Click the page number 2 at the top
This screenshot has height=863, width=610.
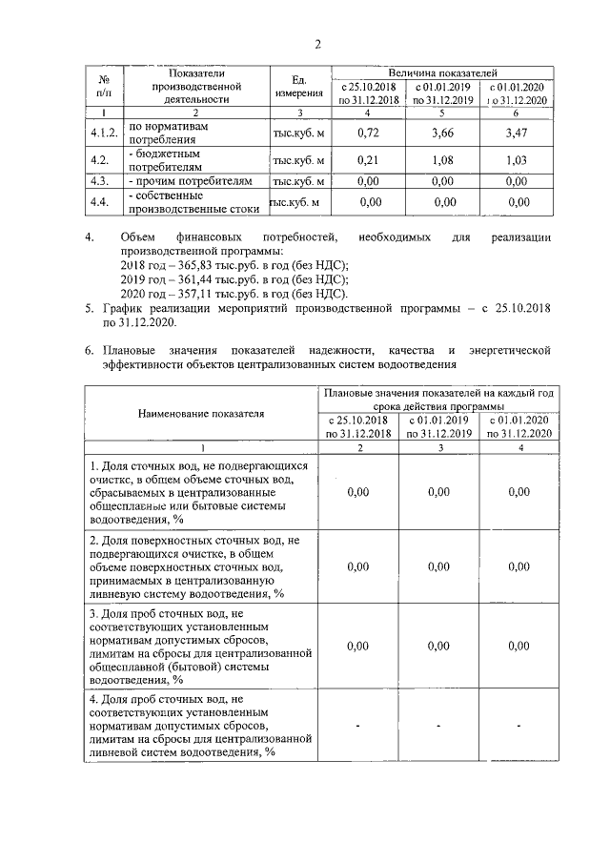pos(317,43)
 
